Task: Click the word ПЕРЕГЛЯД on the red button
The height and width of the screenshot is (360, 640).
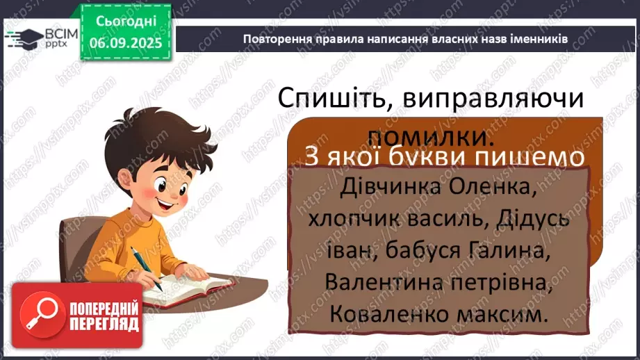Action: tap(103, 324)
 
